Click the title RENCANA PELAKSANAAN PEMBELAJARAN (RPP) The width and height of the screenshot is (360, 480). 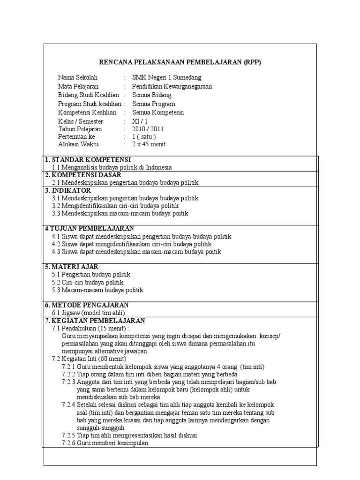(x=180, y=61)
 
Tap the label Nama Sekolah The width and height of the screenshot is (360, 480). (x=77, y=78)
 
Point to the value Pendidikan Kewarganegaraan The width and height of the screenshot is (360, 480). (x=172, y=86)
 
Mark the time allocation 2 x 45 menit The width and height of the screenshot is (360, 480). (x=149, y=145)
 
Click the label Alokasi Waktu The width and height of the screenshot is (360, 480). (x=78, y=145)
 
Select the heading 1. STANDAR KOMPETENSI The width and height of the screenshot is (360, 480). (x=88, y=160)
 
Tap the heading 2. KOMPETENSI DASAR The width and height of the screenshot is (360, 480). (x=83, y=175)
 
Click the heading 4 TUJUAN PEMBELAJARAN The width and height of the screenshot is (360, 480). (x=89, y=228)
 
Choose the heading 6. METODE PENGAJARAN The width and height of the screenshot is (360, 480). (x=87, y=305)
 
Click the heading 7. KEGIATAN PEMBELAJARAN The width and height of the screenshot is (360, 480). (x=95, y=321)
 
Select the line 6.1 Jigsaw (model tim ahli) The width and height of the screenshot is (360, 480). (x=89, y=313)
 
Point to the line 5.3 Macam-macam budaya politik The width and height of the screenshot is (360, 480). (x=97, y=290)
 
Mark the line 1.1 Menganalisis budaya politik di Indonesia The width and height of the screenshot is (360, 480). (x=112, y=167)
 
